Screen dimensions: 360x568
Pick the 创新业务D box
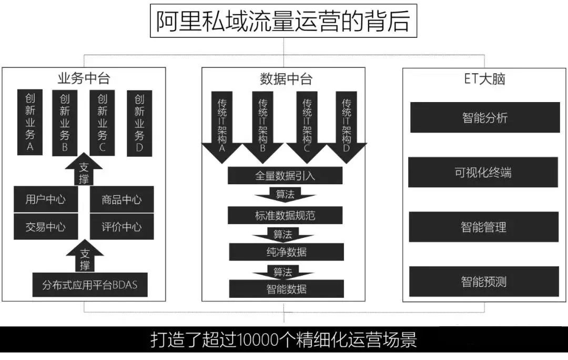(x=139, y=123)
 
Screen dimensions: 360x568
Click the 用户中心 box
(x=46, y=199)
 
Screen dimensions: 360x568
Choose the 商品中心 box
(x=121, y=199)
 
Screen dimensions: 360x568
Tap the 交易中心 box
(x=46, y=227)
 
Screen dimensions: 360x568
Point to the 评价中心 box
(x=121, y=227)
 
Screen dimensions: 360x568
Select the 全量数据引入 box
(x=285, y=175)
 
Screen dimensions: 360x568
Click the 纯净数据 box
(x=287, y=252)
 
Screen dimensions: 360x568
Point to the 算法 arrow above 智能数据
(x=283, y=272)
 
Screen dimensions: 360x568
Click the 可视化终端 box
(x=483, y=173)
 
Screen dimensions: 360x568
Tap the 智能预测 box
(x=484, y=281)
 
